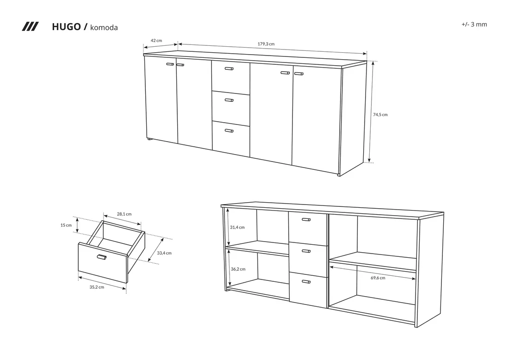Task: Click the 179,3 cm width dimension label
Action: coord(266,44)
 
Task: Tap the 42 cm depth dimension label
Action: coord(156,41)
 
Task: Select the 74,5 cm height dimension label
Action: coord(380,115)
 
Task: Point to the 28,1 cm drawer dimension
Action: coord(124,214)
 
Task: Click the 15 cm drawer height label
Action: coord(66,225)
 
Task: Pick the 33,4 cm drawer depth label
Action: coord(164,253)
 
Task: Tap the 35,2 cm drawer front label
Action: coord(97,287)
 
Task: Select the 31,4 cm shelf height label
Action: coord(237,227)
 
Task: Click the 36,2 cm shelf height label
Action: coord(238,269)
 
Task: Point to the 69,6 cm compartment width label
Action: coord(378,278)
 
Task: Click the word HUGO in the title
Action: coord(66,27)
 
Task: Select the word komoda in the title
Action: coord(104,28)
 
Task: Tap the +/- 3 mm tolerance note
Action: coord(474,25)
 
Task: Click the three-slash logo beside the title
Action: coord(30,27)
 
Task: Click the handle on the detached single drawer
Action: coord(102,257)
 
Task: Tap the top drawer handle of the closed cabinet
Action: coord(229,69)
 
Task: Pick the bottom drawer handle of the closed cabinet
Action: coord(229,131)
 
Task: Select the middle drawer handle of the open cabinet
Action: coord(306,251)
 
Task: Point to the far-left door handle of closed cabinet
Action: coord(170,64)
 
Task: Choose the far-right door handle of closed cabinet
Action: coord(298,74)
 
